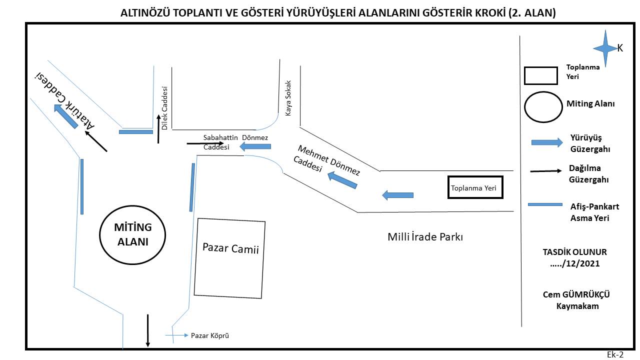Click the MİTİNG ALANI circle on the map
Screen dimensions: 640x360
coord(100,235)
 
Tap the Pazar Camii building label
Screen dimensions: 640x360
coord(230,248)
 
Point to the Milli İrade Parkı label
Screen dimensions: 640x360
coord(425,237)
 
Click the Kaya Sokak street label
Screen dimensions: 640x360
coord(288,98)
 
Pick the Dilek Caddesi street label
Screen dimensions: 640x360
coord(164,108)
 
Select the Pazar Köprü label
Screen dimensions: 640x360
coord(209,335)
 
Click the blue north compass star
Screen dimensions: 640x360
coord(605,48)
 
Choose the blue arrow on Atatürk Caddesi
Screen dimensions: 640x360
coord(65,116)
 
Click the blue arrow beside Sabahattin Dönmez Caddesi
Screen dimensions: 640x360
coord(255,146)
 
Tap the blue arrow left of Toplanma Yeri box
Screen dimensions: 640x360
coord(397,195)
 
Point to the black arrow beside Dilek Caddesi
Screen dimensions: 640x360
coord(158,129)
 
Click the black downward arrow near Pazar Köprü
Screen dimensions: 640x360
coord(147,330)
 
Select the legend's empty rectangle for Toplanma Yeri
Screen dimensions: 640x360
coord(540,67)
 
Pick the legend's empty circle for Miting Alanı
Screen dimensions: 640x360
coord(525,107)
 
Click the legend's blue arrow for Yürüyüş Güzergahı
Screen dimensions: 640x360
coord(547,142)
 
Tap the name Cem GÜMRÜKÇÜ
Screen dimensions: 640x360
coord(576,294)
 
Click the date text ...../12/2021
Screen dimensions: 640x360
coord(575,263)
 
